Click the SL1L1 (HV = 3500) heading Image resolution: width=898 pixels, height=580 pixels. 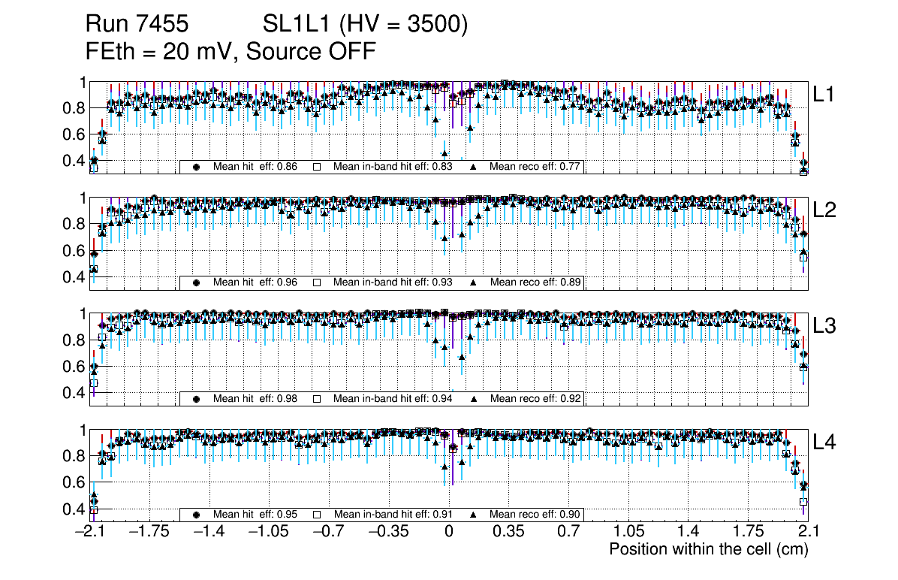tap(366, 25)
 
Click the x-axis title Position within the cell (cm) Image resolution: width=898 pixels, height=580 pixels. tap(708, 549)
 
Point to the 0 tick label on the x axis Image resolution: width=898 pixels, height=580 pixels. tap(448, 532)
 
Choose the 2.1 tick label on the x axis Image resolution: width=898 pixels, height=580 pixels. tap(808, 532)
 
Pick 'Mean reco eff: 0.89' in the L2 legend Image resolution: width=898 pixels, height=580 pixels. tap(535, 282)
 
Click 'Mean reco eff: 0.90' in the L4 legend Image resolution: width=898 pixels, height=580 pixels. tap(535, 515)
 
